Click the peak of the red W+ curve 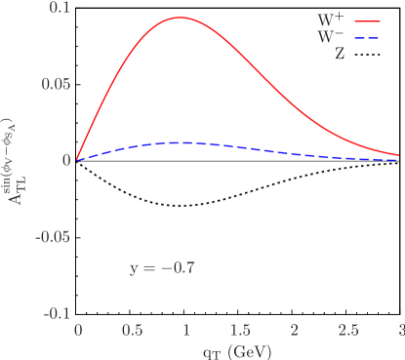pos(182,18)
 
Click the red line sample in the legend pos(371,20)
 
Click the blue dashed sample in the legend pos(371,37)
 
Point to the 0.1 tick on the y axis pos(60,8)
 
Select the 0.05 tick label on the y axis pos(56,84)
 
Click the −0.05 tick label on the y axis pos(53,237)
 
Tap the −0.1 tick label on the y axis pos(56,313)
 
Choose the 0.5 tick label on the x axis pos(131,330)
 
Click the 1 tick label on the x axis pos(185,330)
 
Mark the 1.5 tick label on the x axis pos(239,330)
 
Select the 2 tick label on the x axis pos(294,330)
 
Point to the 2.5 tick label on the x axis pos(347,330)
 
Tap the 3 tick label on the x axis pos(400,330)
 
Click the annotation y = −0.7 pos(162,266)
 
